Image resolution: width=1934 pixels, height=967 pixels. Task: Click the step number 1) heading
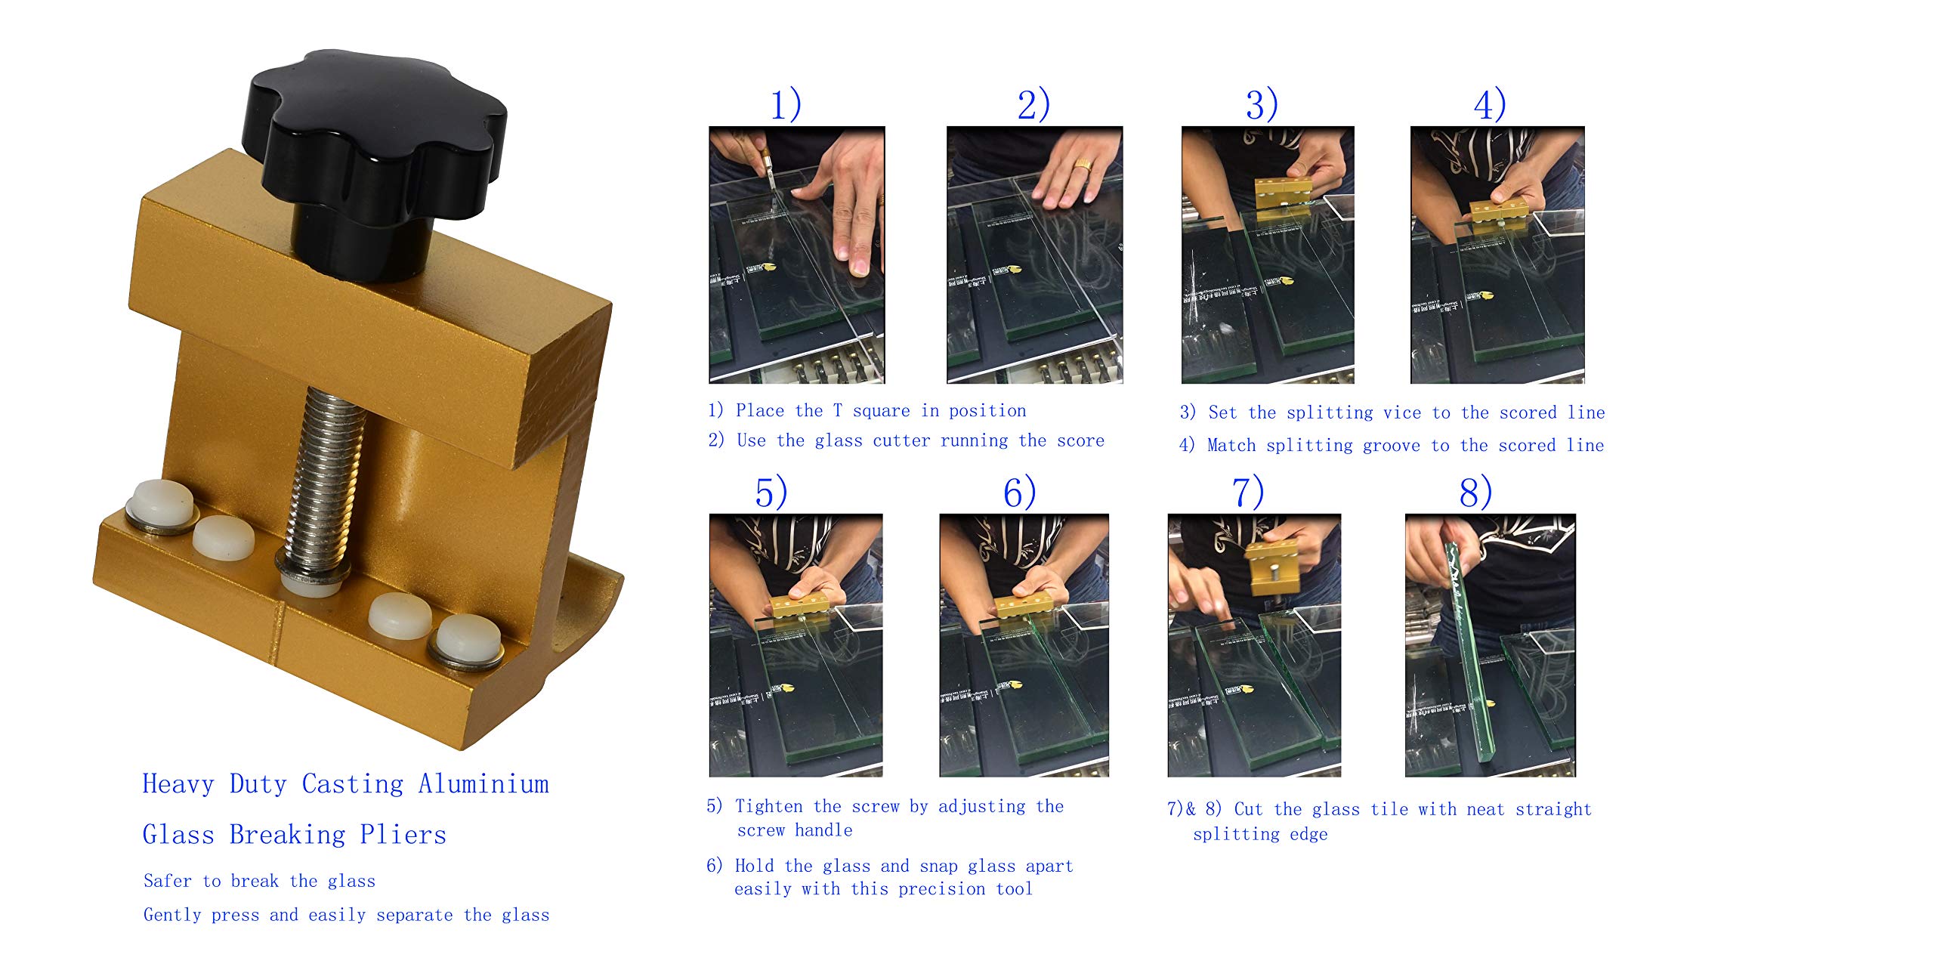click(786, 105)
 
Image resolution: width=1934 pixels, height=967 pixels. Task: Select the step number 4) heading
click(1490, 105)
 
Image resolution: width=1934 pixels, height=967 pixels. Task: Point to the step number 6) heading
click(1019, 493)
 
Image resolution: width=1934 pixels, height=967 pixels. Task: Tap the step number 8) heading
click(1475, 493)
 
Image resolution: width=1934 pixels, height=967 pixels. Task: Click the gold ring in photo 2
click(1083, 164)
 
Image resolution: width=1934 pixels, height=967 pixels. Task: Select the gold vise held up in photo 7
click(1274, 567)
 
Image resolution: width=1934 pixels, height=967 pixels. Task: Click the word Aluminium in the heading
click(483, 784)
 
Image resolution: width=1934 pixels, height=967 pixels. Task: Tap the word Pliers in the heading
click(403, 835)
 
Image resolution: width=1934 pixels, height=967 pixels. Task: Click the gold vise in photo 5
click(801, 607)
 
